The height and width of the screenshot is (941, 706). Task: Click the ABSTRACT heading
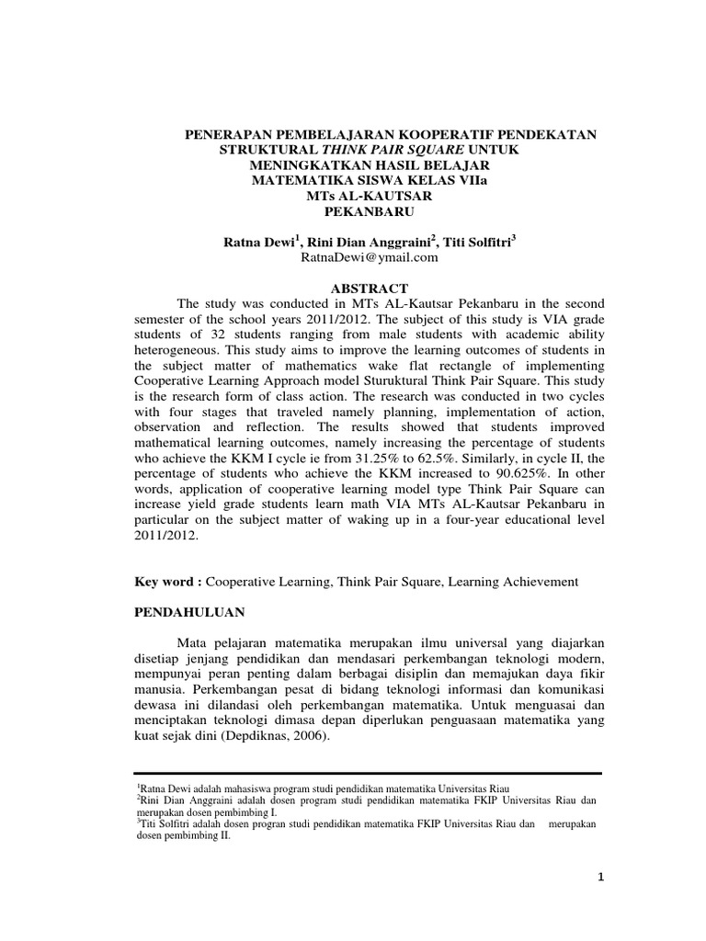pyautogui.click(x=369, y=288)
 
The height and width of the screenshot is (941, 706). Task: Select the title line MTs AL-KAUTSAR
pyautogui.click(x=367, y=195)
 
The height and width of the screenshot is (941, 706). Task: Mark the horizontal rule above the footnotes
pyautogui.click(x=368, y=773)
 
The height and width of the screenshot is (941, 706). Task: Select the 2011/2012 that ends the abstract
pyautogui.click(x=165, y=544)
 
